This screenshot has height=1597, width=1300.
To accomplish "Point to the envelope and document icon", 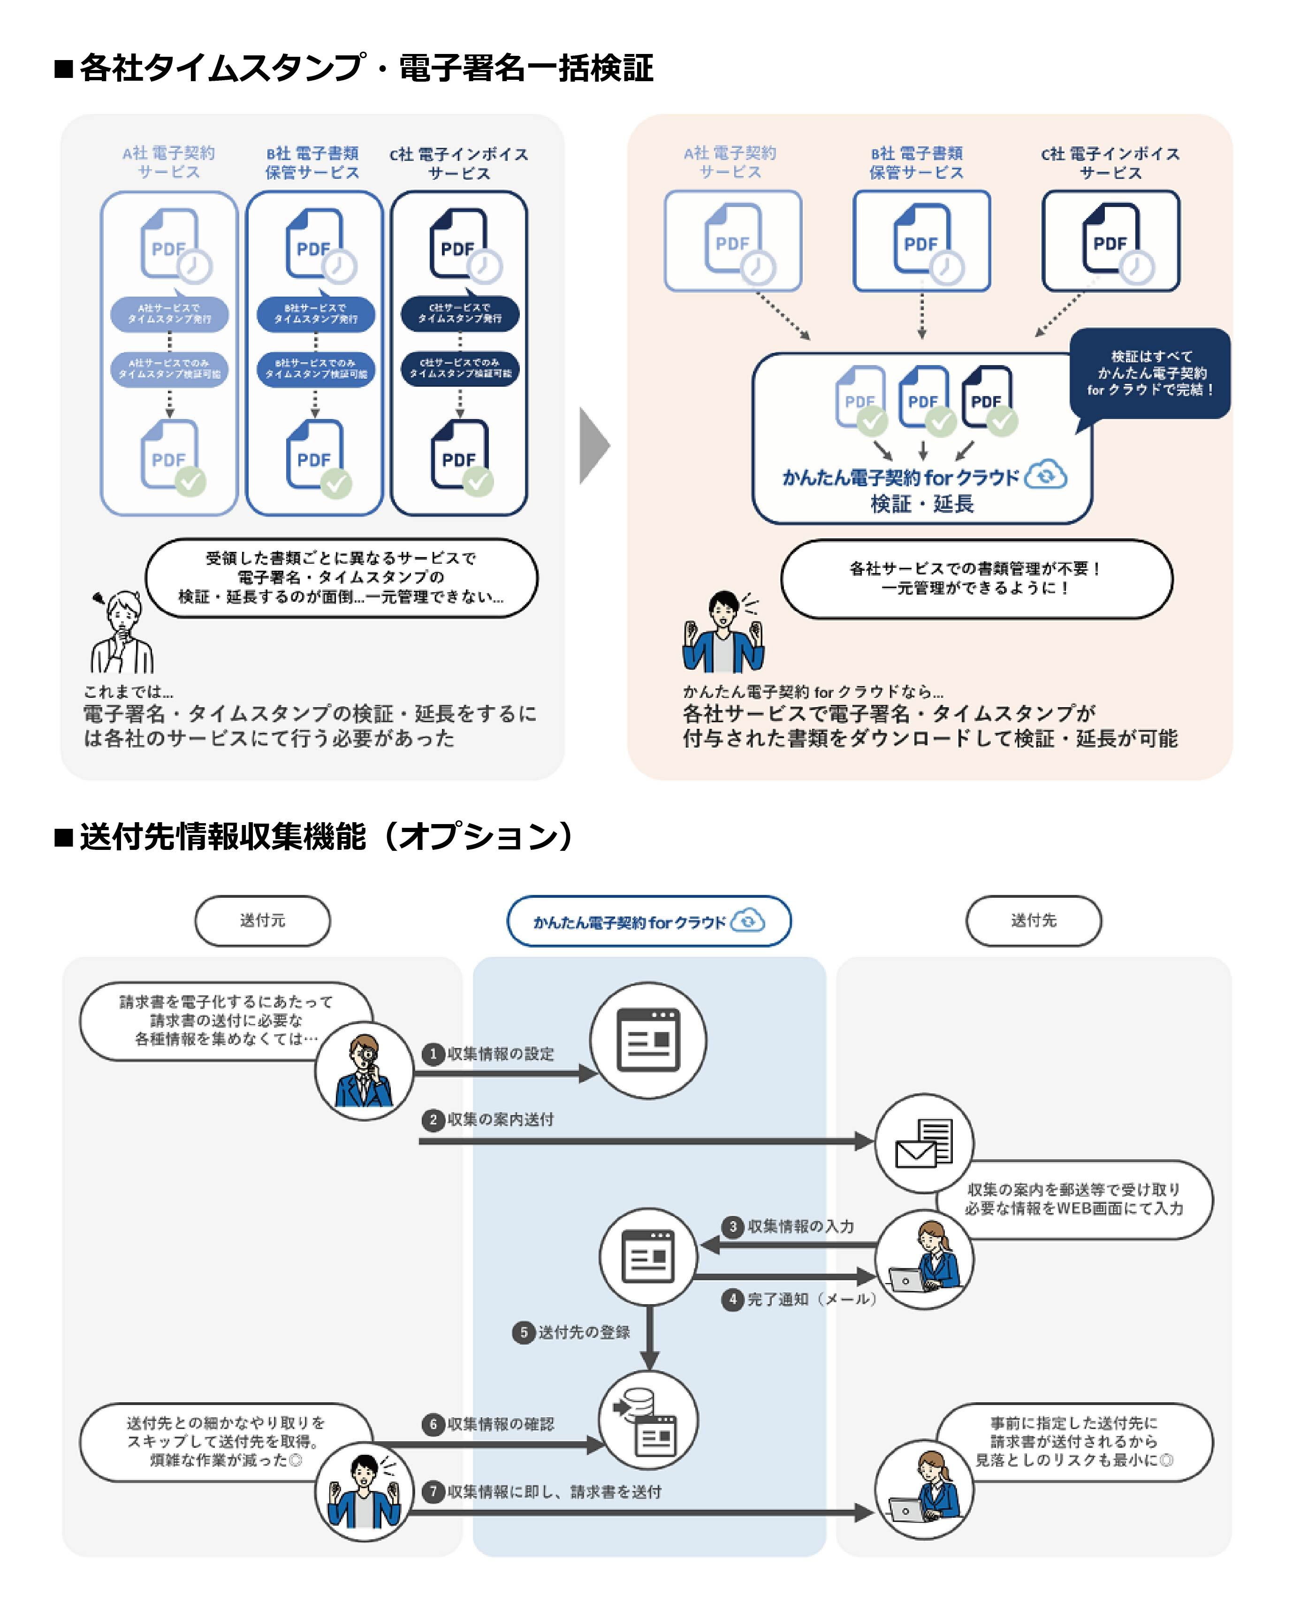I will click(x=924, y=1142).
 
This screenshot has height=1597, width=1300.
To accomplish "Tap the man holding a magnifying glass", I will click(x=364, y=1071).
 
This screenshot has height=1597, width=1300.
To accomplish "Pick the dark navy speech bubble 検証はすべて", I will click(x=1150, y=373).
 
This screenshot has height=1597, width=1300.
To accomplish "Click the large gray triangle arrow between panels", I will click(x=594, y=446).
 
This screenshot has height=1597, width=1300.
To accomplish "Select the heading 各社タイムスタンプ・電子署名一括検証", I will click(x=367, y=68).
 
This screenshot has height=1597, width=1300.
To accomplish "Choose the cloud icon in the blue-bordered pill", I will click(x=747, y=921).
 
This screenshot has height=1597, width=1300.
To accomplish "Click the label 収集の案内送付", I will click(x=500, y=1119).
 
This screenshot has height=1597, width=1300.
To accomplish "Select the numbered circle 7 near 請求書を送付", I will click(x=433, y=1491).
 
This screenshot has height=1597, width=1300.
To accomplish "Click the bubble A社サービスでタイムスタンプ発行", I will click(x=169, y=313).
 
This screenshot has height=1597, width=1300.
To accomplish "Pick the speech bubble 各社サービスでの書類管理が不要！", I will click(x=976, y=578).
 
